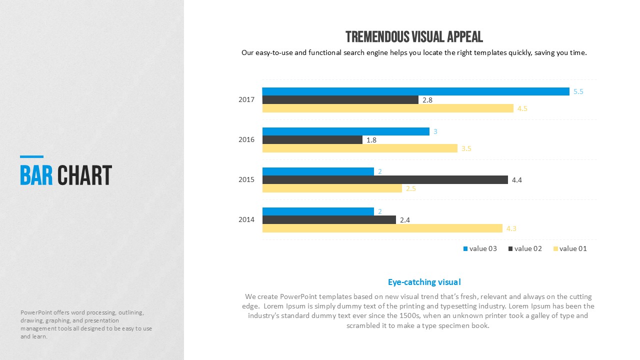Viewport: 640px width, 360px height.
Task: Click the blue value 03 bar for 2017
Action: [415, 91]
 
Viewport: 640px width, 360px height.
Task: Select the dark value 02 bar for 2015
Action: [385, 179]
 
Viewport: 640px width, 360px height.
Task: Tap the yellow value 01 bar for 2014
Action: [382, 228]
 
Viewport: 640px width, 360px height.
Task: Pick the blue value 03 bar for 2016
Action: [345, 131]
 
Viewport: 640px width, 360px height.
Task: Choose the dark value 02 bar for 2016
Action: [312, 140]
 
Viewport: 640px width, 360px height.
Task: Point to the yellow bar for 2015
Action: [332, 188]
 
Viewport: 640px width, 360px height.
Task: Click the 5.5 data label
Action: [578, 91]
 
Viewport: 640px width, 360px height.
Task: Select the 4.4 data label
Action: [516, 180]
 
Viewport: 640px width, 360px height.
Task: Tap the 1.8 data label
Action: [371, 140]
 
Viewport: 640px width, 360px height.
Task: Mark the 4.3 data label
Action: [511, 228]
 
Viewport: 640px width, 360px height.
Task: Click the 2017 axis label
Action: [246, 99]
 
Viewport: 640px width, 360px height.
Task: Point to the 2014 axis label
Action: [246, 219]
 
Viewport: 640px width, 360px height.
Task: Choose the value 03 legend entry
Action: [480, 248]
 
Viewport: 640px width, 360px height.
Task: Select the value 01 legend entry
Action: [570, 248]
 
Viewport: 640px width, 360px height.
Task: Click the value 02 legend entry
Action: [525, 248]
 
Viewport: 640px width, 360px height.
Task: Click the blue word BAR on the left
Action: [36, 175]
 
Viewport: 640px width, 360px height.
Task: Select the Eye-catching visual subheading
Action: [424, 282]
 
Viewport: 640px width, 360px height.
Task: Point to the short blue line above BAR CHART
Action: [31, 156]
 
